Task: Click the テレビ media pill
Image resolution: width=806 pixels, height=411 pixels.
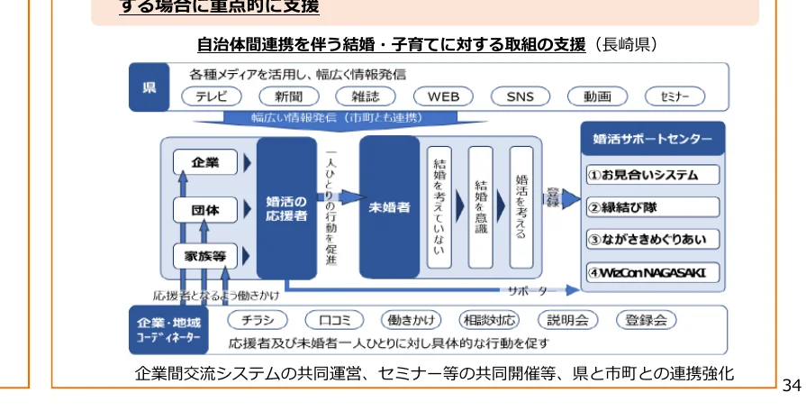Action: [213, 96]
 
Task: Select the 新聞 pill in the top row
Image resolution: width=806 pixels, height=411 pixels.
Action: [290, 96]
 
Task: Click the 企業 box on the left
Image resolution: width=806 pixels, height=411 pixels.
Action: [205, 162]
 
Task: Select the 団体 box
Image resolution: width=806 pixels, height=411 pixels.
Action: [205, 209]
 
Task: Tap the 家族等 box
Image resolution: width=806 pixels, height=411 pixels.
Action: [205, 255]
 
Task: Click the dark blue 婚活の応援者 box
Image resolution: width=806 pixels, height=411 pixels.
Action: [286, 208]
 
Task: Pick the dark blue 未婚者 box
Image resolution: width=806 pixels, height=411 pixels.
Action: [389, 207]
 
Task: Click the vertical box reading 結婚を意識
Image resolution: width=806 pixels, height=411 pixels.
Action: [481, 208]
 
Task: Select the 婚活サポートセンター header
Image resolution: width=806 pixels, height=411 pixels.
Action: [653, 139]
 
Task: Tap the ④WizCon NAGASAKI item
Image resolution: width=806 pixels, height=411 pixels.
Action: [653, 271]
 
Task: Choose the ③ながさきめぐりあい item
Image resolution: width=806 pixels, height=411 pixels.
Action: [653, 239]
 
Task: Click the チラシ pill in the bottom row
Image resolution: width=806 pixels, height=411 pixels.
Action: [258, 320]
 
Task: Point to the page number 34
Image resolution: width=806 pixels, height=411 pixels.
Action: [792, 385]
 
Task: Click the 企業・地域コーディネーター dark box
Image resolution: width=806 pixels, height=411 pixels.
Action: [169, 330]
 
